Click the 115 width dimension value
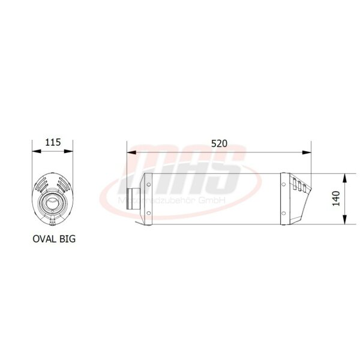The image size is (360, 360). [53, 142]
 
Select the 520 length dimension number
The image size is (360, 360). [219, 143]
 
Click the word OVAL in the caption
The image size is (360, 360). [45, 238]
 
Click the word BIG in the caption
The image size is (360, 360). [68, 238]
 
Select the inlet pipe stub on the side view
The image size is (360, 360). [136, 199]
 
